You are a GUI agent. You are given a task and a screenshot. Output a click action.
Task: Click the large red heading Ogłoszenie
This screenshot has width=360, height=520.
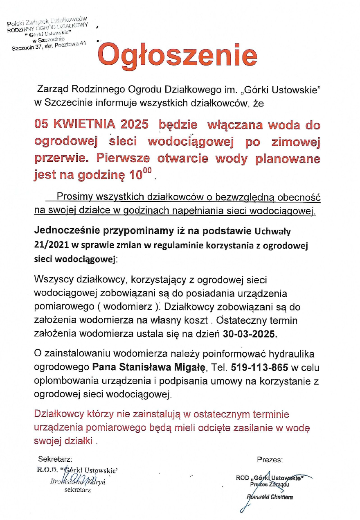[178, 55]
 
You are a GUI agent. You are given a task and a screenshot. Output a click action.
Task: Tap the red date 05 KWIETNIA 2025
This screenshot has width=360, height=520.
[91, 125]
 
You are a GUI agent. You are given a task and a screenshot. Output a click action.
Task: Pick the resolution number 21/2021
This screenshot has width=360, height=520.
[51, 246]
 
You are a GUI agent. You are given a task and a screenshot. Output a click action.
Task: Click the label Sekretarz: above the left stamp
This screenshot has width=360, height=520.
[55, 459]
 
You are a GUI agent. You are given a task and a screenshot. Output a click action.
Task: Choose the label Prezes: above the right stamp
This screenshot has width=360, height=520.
[270, 460]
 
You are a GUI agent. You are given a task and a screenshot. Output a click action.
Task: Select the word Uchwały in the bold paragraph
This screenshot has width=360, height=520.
[272, 232]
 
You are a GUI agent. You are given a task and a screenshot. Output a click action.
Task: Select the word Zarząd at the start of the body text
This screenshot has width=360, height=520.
[52, 89]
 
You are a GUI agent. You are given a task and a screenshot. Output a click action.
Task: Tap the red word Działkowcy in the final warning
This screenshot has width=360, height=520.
[59, 414]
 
